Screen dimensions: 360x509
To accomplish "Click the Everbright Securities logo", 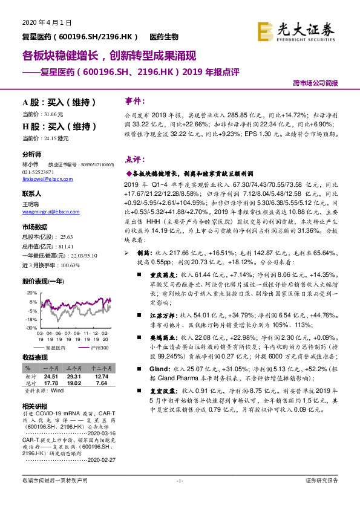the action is [296, 29].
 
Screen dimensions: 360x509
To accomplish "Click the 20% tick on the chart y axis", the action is [31, 292].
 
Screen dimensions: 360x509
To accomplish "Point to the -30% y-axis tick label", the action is [31, 327].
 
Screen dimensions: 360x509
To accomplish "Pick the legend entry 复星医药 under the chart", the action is [58, 349].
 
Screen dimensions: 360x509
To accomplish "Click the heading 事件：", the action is [134, 100].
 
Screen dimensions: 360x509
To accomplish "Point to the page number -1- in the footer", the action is [179, 497].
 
